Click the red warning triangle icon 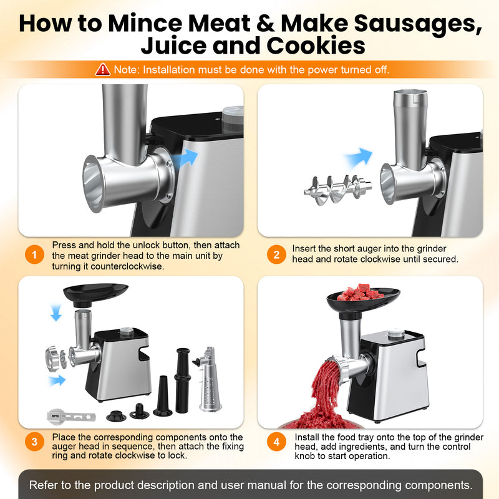click(102, 69)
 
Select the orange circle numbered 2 click(276, 254)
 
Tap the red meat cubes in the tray click(361, 291)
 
